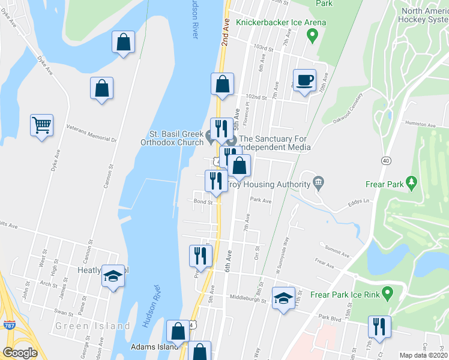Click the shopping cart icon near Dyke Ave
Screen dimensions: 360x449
pyautogui.click(x=41, y=126)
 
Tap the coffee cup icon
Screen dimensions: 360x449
pyautogui.click(x=304, y=80)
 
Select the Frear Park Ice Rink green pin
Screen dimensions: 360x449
pyautogui.click(x=387, y=294)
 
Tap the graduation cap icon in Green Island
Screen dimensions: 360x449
pyautogui.click(x=112, y=277)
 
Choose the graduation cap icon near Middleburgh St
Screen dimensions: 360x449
pyautogui.click(x=283, y=298)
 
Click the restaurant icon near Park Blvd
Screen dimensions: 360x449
pyautogui.click(x=379, y=327)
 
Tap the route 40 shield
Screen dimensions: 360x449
pyautogui.click(x=385, y=160)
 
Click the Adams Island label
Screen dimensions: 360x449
pyautogui.click(x=154, y=346)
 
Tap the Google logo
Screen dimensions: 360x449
pyautogui.click(x=20, y=353)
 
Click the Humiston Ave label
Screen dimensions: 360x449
pyautogui.click(x=420, y=124)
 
